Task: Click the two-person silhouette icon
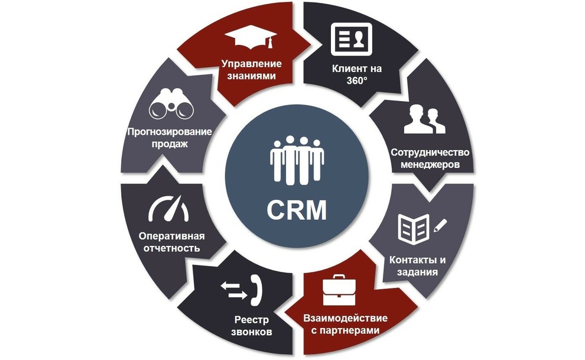[x=424, y=120]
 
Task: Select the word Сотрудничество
[x=425, y=152]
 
